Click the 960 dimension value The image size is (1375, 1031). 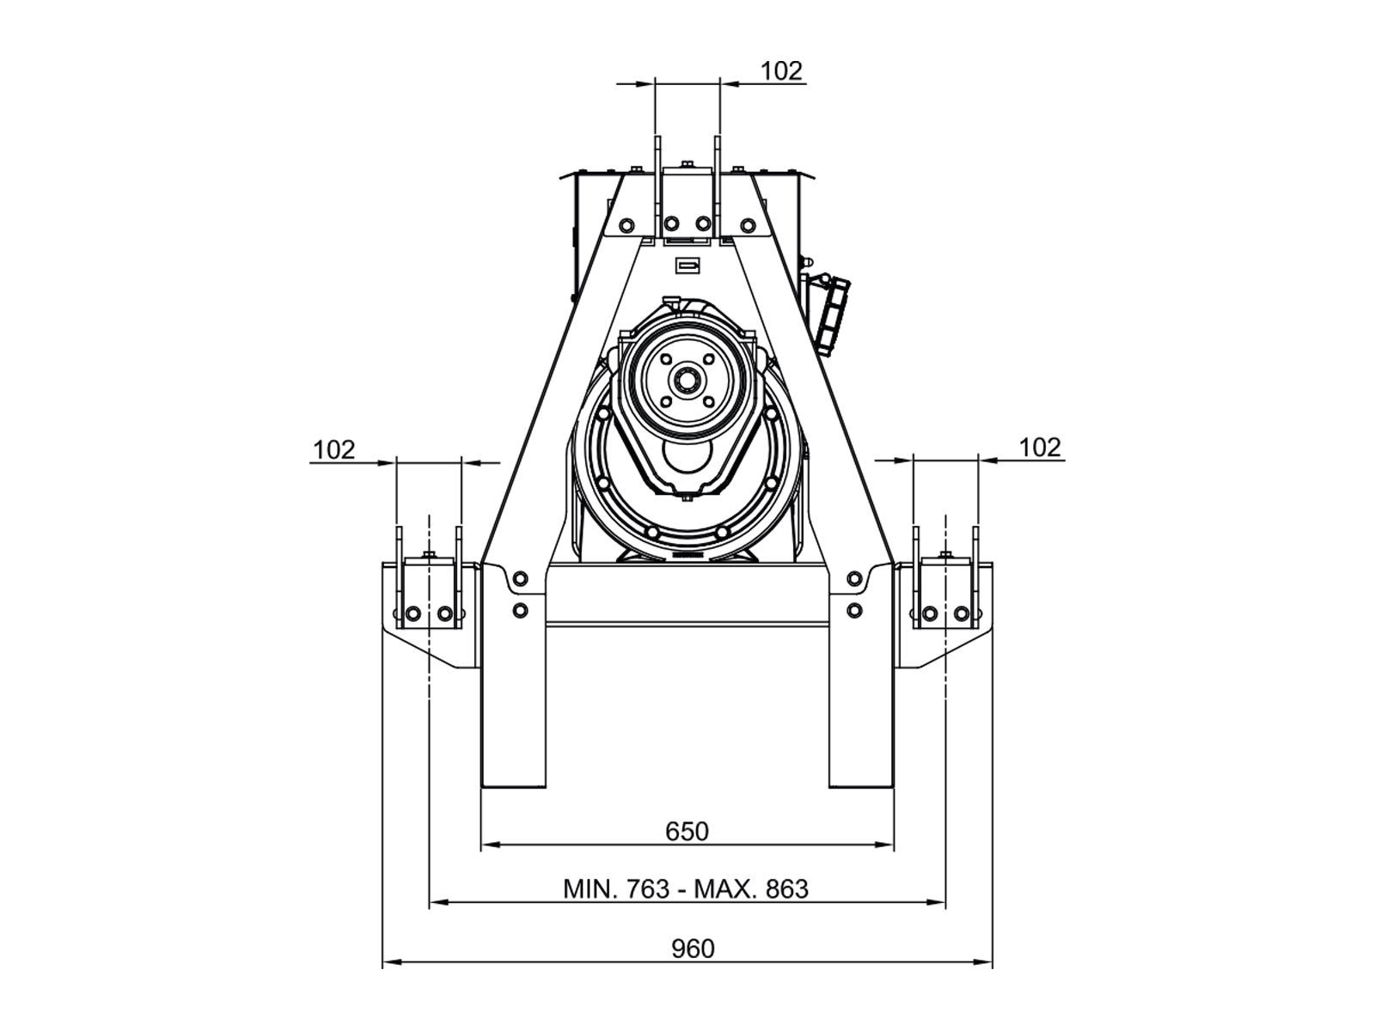pos(693,949)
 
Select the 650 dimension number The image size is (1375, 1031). pos(687,832)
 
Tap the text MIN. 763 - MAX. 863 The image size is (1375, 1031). pos(686,889)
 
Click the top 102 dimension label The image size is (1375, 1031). pos(782,71)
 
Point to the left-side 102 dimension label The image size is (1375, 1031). pos(334,449)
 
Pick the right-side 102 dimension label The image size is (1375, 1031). pos(1040,448)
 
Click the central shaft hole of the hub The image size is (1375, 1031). pos(687,379)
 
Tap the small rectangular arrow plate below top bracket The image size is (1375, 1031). pos(687,265)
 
